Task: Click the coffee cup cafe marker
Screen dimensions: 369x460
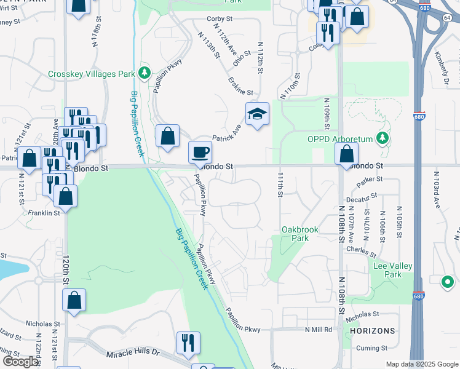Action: pyautogui.click(x=200, y=152)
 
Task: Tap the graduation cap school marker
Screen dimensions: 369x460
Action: pyautogui.click(x=257, y=114)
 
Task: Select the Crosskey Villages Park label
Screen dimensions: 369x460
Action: pyautogui.click(x=91, y=74)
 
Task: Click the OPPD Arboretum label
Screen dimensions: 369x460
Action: pyautogui.click(x=341, y=138)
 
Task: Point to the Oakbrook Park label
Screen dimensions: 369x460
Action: pyautogui.click(x=300, y=234)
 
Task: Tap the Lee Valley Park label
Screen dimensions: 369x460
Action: pyautogui.click(x=393, y=270)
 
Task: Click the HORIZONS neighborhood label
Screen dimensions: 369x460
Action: pyautogui.click(x=372, y=331)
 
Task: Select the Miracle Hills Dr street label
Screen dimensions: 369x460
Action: pyautogui.click(x=133, y=353)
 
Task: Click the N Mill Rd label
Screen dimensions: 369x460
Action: pyautogui.click(x=318, y=330)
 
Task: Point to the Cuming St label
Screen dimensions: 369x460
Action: pyautogui.click(x=374, y=347)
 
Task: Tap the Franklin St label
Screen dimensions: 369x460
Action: pyautogui.click(x=45, y=212)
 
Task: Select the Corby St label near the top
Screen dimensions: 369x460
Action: pyautogui.click(x=218, y=19)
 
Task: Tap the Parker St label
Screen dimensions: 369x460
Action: pyautogui.click(x=371, y=179)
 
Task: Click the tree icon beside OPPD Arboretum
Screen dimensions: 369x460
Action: pyautogui.click(x=383, y=137)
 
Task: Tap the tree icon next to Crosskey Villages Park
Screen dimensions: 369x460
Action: pyautogui.click(x=145, y=74)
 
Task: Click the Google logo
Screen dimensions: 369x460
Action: pyautogui.click(x=20, y=362)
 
